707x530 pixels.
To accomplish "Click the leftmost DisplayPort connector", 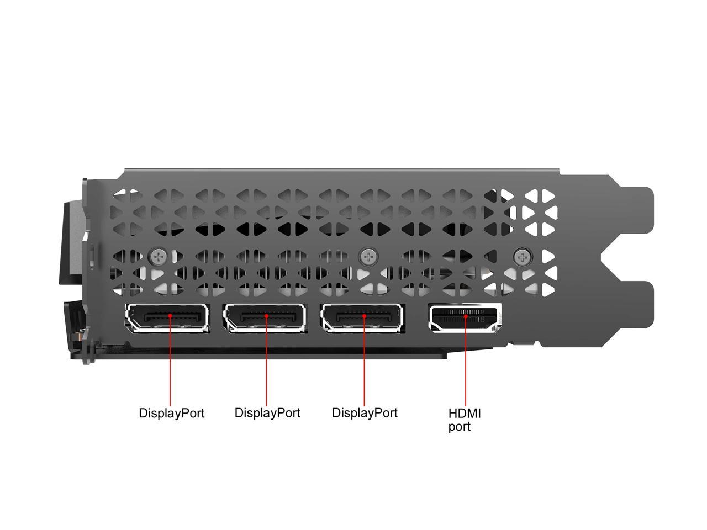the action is pyautogui.click(x=167, y=318).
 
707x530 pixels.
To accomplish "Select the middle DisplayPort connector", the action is pyautogui.click(x=265, y=318).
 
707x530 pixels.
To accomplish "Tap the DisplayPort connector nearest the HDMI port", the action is pyautogui.click(x=363, y=318).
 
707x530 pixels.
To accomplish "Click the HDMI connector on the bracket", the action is pyautogui.click(x=465, y=318).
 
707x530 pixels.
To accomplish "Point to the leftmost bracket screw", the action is pyautogui.click(x=158, y=257).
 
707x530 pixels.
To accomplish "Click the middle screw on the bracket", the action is pyautogui.click(x=368, y=257).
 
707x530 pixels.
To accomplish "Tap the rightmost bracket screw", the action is pyautogui.click(x=522, y=257).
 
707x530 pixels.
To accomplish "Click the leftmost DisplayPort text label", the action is pyautogui.click(x=171, y=414).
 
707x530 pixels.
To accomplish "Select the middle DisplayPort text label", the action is pyautogui.click(x=267, y=414).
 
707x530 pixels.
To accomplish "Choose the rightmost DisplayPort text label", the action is pyautogui.click(x=365, y=414).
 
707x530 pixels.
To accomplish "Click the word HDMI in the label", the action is pyautogui.click(x=465, y=414).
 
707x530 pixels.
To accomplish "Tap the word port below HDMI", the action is pyautogui.click(x=460, y=427).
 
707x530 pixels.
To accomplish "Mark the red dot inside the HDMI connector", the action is pyautogui.click(x=466, y=316).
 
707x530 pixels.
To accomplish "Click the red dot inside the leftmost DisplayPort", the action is pyautogui.click(x=170, y=316).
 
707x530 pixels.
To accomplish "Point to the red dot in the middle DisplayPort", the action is pyautogui.click(x=266, y=316).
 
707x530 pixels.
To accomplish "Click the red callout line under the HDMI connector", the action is pyautogui.click(x=466, y=362).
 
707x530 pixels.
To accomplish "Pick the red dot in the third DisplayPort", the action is pyautogui.click(x=365, y=316).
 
